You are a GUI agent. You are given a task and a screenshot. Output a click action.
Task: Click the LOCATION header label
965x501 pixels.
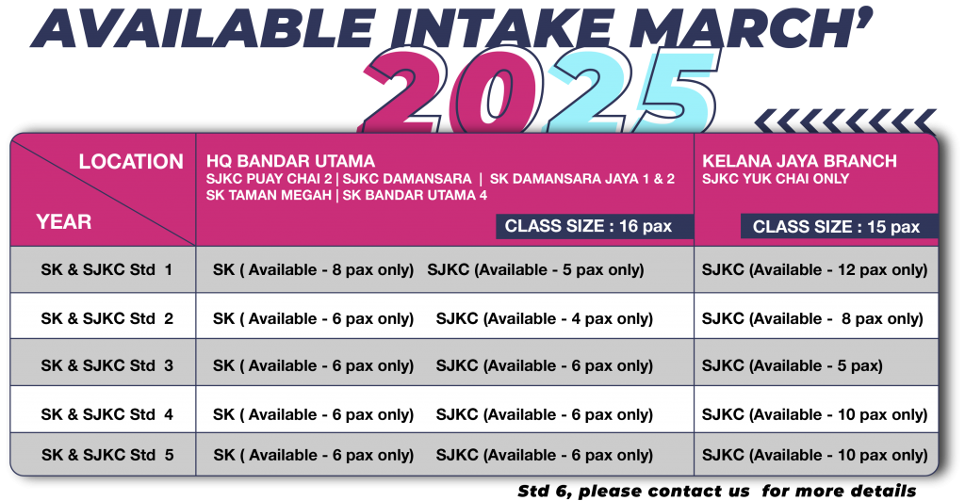pyautogui.click(x=131, y=162)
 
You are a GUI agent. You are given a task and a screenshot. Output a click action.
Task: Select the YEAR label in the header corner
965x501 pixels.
pyautogui.click(x=63, y=221)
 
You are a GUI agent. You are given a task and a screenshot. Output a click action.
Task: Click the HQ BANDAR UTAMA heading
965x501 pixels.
pyautogui.click(x=290, y=161)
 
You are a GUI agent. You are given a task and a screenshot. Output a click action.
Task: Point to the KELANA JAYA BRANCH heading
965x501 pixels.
pyautogui.click(x=799, y=161)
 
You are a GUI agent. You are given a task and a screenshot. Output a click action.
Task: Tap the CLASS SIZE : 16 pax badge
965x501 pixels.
pyautogui.click(x=595, y=226)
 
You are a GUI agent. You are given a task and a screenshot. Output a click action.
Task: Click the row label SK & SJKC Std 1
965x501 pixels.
pyautogui.click(x=107, y=269)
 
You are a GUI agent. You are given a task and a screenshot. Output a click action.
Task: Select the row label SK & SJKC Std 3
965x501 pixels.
pyautogui.click(x=107, y=365)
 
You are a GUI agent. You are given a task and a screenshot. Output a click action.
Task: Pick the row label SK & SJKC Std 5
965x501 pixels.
pyautogui.click(x=107, y=455)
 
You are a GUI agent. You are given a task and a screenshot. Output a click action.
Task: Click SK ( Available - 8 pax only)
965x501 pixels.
pyautogui.click(x=313, y=270)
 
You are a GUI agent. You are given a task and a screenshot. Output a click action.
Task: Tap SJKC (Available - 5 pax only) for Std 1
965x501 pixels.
pyautogui.click(x=535, y=270)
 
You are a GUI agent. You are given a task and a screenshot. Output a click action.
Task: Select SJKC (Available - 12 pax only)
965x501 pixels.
pyautogui.click(x=814, y=270)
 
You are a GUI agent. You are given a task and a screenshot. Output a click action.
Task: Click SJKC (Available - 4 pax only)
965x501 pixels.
pyautogui.click(x=544, y=319)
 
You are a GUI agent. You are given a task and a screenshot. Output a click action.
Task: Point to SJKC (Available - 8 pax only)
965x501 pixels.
pyautogui.click(x=812, y=319)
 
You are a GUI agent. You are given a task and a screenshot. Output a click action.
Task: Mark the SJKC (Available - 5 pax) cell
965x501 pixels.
pyautogui.click(x=792, y=365)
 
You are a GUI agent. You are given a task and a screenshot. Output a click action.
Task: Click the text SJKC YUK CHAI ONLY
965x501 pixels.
pyautogui.click(x=776, y=179)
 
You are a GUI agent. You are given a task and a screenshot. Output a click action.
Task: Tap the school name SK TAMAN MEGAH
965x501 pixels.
pyautogui.click(x=269, y=196)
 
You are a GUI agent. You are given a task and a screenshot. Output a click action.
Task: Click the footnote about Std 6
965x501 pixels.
pyautogui.click(x=717, y=492)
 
